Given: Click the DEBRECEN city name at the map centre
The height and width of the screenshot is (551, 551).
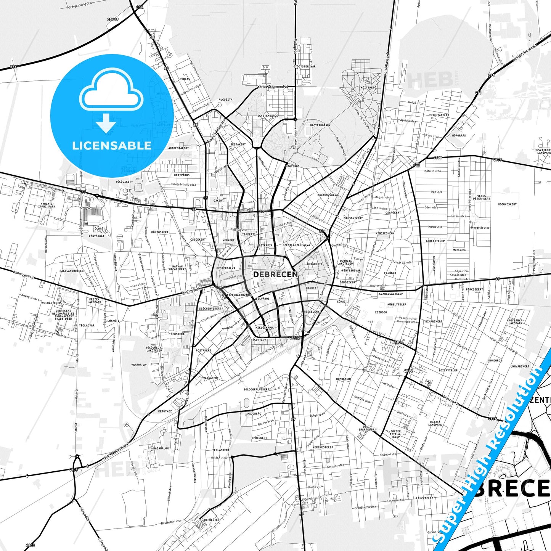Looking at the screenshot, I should [275, 274].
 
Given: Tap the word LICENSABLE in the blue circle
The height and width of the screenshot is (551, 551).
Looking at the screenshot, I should [112, 145].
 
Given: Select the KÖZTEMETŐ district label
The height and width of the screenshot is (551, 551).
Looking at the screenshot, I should [368, 88].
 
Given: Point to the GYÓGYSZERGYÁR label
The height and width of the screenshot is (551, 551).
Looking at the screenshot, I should [304, 66].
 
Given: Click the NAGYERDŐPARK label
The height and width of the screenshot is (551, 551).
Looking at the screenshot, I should [320, 125].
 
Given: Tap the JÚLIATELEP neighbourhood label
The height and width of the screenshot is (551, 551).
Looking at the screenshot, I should [440, 115].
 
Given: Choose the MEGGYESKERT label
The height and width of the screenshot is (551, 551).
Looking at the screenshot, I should [507, 204].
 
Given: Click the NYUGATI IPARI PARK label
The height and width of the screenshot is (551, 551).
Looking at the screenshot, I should [47, 205].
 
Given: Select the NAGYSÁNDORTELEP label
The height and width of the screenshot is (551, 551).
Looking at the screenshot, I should [72, 271].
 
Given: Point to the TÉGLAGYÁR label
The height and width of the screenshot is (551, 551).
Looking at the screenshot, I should [87, 326].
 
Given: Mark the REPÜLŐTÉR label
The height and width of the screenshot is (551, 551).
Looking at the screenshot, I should [212, 520].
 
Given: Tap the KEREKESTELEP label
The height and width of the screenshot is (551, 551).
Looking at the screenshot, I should [323, 447].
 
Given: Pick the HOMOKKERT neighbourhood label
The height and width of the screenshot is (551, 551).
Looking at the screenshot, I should [344, 379].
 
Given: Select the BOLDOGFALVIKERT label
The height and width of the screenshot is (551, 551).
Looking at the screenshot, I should [256, 390].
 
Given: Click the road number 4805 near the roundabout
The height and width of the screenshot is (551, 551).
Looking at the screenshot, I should [73, 470].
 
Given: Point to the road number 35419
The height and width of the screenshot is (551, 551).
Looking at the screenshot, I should [112, 19].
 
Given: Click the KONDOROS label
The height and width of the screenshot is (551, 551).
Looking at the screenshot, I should [495, 360].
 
